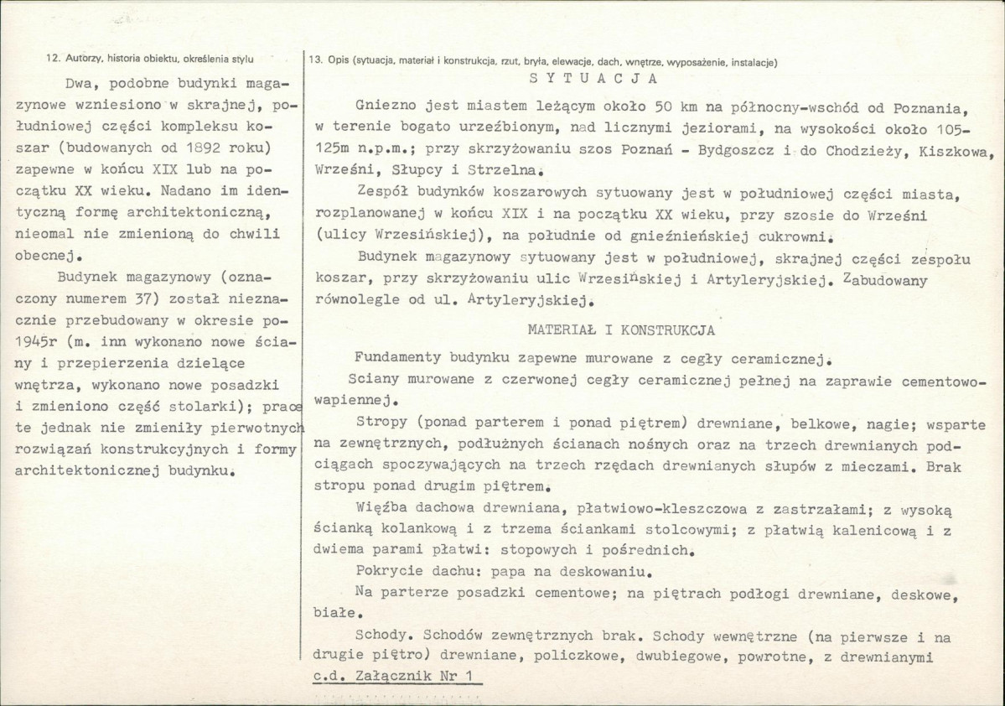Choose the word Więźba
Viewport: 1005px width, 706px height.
coord(379,511)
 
